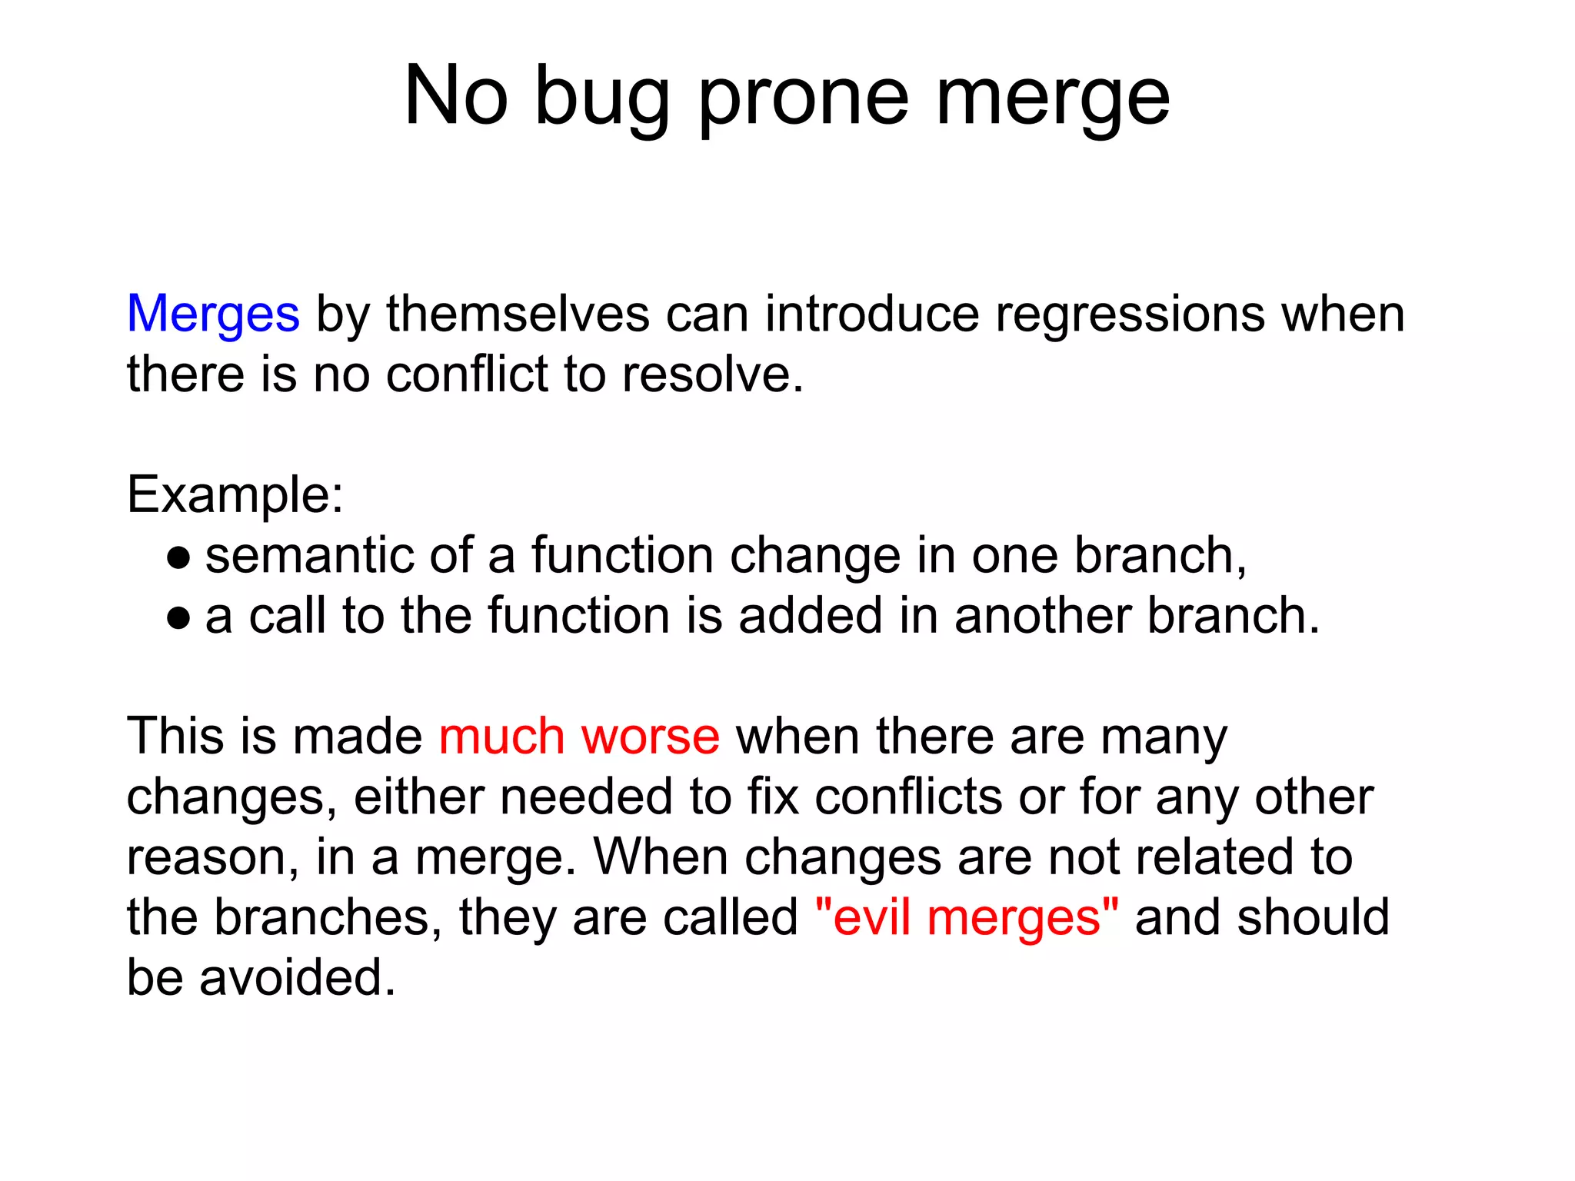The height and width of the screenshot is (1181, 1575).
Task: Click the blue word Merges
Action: [213, 315]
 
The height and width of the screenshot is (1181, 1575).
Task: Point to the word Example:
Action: [235, 494]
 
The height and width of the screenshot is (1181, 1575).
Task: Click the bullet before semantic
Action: [178, 557]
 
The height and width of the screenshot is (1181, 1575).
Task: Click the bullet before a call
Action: [178, 617]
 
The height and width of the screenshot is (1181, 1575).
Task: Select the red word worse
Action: [651, 737]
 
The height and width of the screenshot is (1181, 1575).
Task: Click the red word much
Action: [501, 737]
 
